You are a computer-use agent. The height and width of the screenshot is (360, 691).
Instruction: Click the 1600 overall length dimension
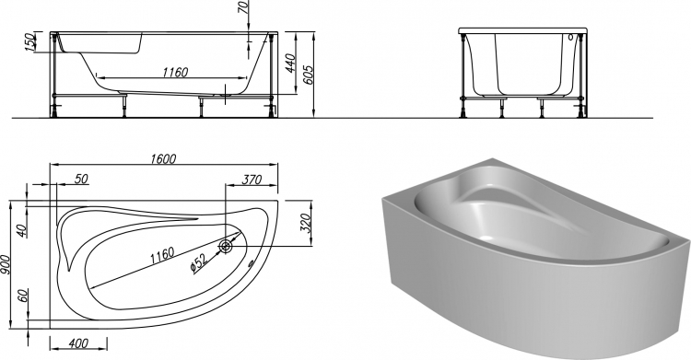tap(163, 158)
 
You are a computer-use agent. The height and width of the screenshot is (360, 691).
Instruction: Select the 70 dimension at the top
tap(245, 6)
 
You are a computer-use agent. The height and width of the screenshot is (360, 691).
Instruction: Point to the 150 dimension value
tap(30, 41)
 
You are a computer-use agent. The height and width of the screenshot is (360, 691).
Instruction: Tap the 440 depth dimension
tap(292, 64)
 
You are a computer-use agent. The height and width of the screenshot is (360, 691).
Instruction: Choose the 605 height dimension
tap(308, 75)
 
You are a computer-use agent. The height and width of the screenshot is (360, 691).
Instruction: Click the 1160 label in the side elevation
tap(175, 72)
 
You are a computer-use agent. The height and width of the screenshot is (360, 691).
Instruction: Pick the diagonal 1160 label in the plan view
tap(160, 256)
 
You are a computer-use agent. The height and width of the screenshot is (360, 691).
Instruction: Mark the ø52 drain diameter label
tap(199, 265)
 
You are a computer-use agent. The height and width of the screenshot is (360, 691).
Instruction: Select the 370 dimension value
tap(252, 180)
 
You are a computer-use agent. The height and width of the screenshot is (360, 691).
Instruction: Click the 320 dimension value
tap(307, 223)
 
